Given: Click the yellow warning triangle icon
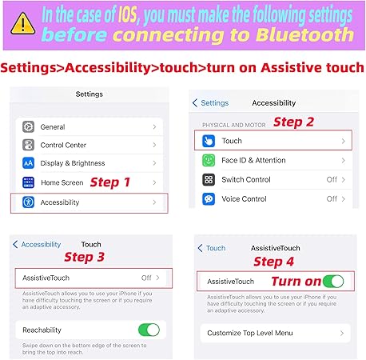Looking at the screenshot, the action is [23, 24].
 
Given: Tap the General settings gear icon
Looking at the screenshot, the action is [28, 126].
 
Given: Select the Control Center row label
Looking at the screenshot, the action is [63, 145].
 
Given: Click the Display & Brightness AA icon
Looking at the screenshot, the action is [28, 163].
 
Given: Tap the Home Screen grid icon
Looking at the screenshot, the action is [28, 182].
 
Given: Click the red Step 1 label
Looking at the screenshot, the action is [110, 182].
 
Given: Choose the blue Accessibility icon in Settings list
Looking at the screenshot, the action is [28, 202].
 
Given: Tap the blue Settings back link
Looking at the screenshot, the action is [210, 103].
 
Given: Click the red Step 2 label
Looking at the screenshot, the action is [293, 122].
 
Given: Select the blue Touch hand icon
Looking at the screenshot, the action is [209, 141].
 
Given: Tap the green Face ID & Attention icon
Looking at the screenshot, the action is [209, 160].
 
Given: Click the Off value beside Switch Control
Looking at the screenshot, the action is [332, 179].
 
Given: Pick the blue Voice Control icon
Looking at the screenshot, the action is [209, 199].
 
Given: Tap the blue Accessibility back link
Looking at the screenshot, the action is [37, 244].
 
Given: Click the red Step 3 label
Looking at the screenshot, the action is [84, 257].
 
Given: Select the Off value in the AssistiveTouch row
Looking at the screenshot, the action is [146, 278].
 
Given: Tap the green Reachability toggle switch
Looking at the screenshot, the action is [149, 330].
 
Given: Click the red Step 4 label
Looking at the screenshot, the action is [273, 262].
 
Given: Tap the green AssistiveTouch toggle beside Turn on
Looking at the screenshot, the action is [333, 282].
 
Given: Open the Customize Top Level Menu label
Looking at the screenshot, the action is [250, 333].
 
